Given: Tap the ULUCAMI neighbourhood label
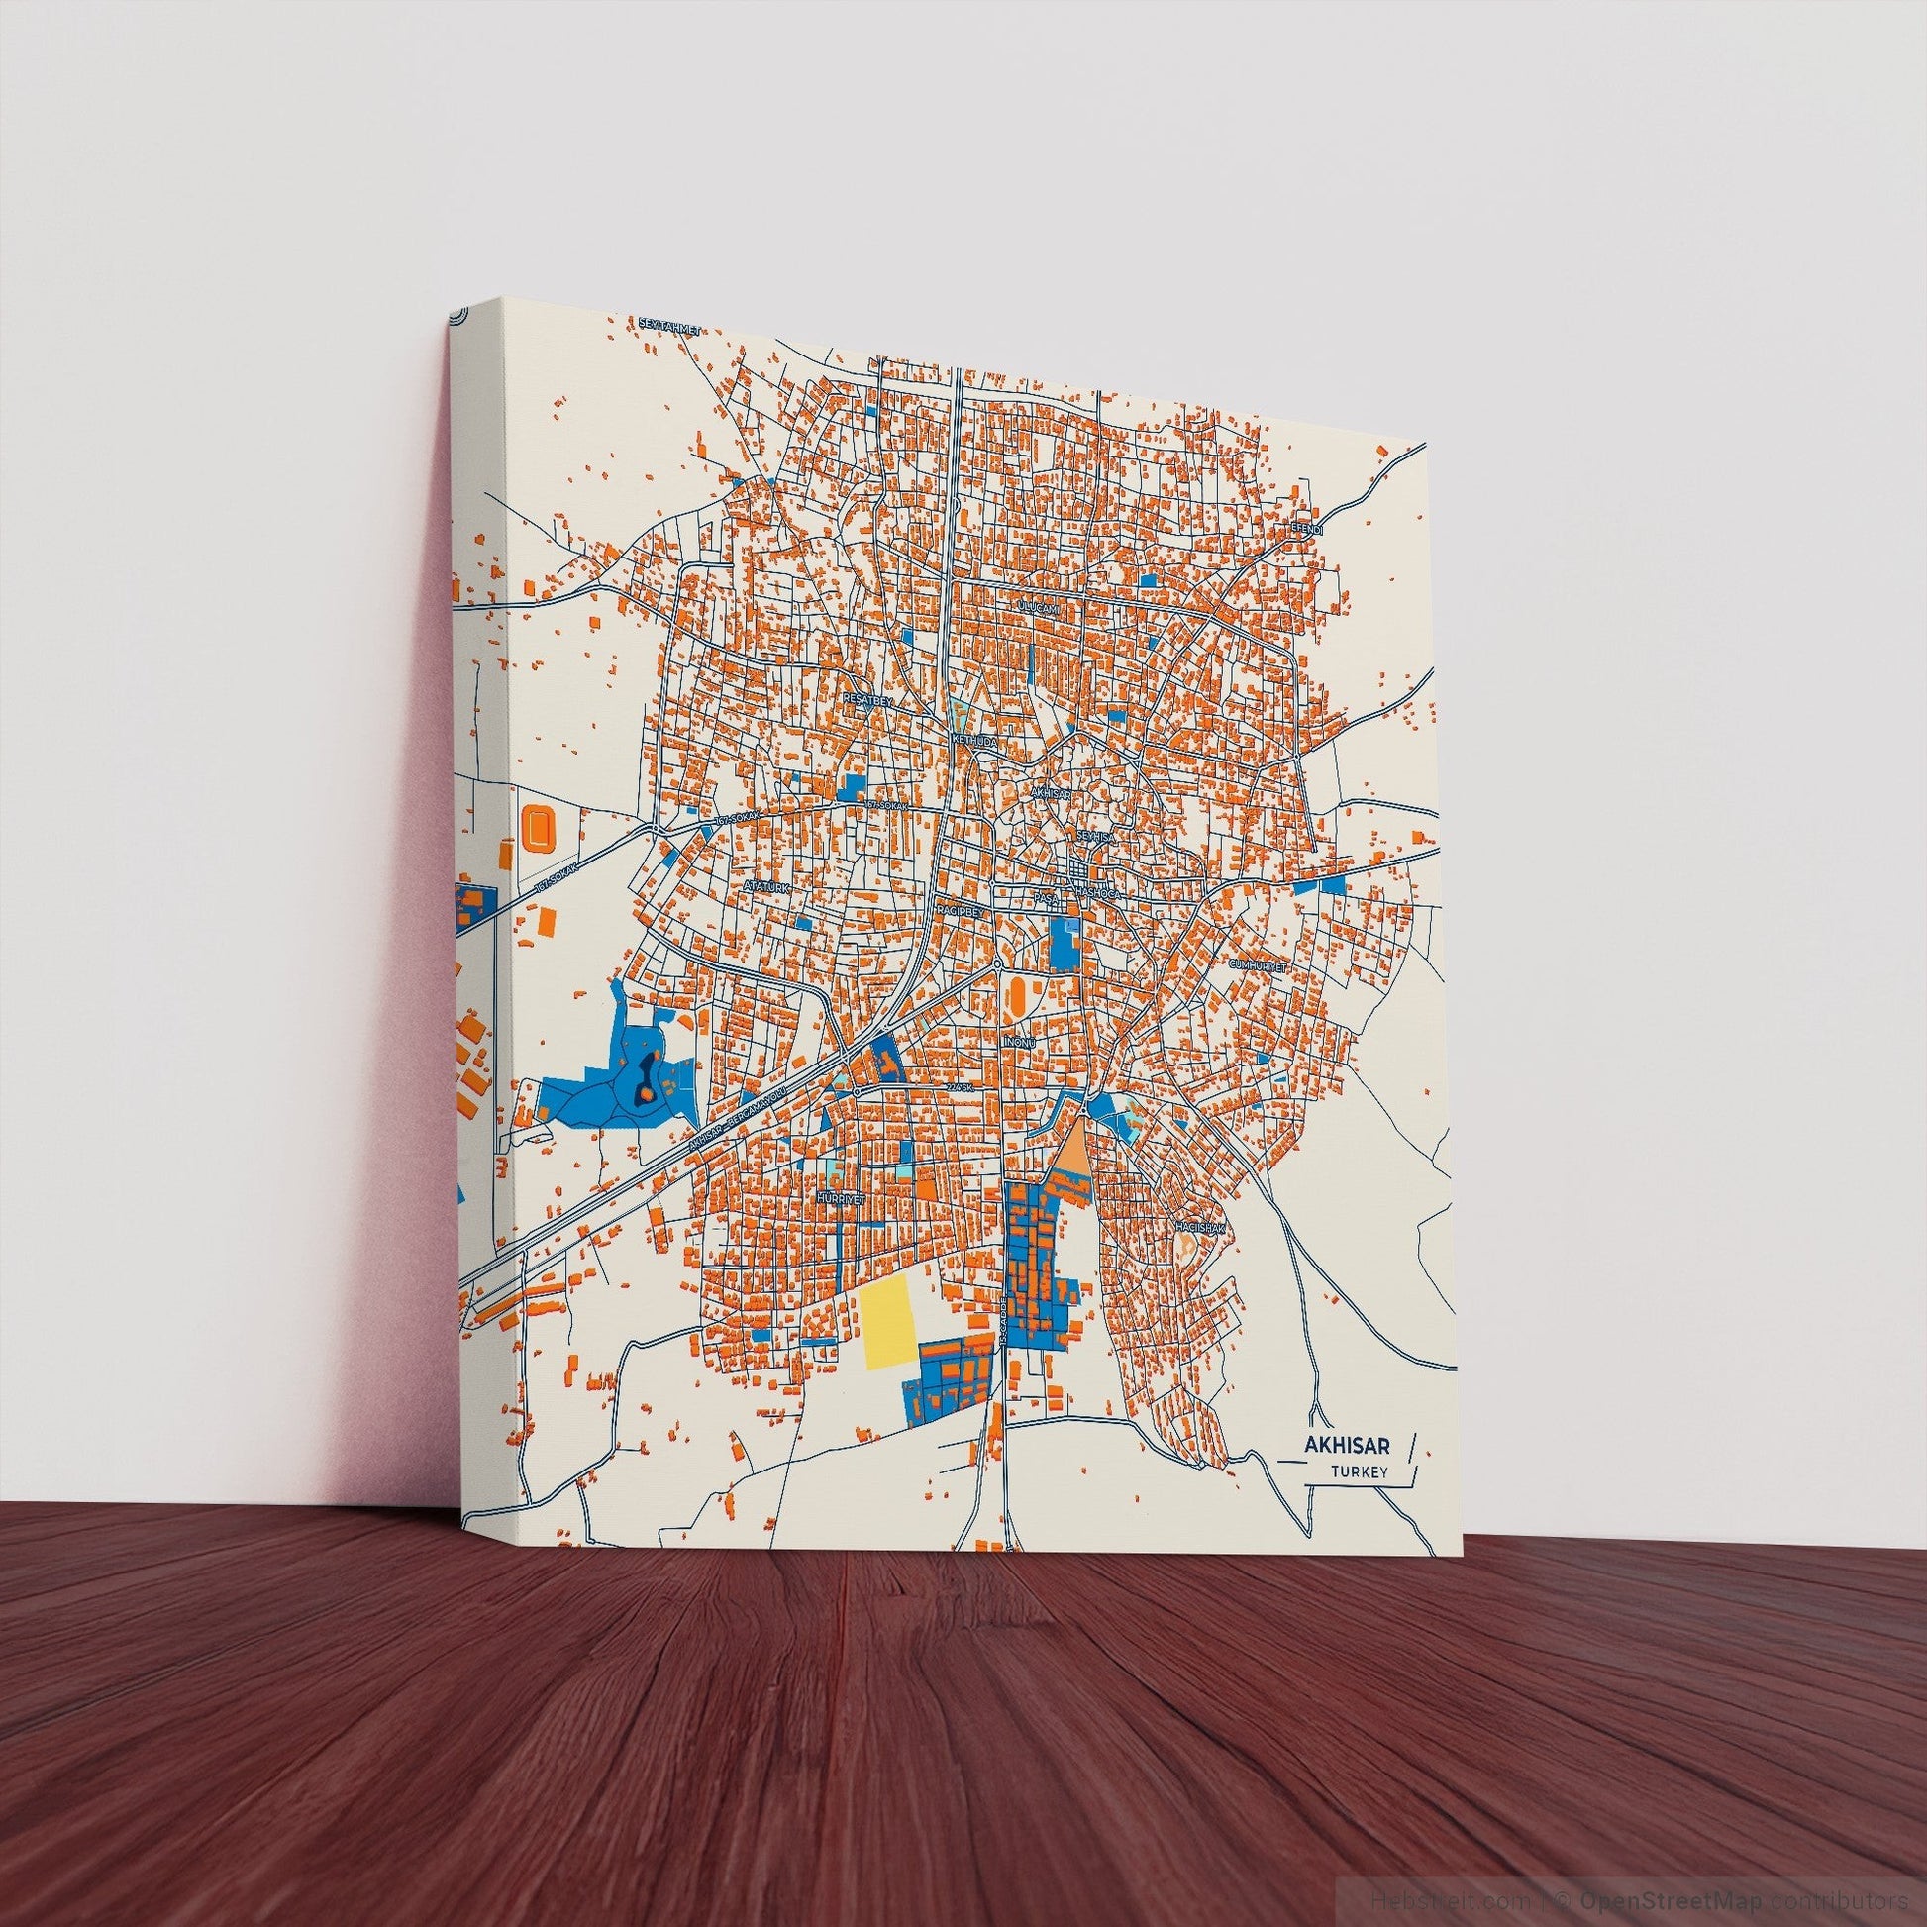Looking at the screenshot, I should pyautogui.click(x=1036, y=605).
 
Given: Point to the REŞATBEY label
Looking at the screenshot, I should pyautogui.click(x=866, y=700).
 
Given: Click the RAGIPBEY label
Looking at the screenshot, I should pyautogui.click(x=960, y=911).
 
